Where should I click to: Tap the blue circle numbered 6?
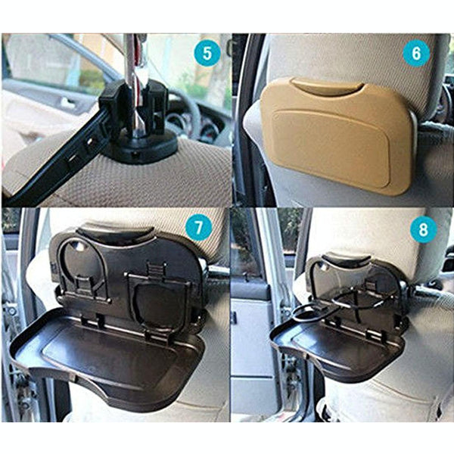pos(417,54)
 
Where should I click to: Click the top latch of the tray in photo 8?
pos(340,262)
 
